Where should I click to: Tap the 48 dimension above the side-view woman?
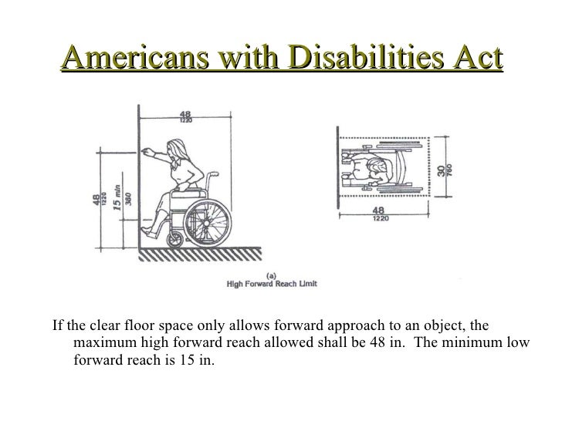pyautogui.click(x=186, y=113)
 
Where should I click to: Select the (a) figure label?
pyautogui.click(x=272, y=274)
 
